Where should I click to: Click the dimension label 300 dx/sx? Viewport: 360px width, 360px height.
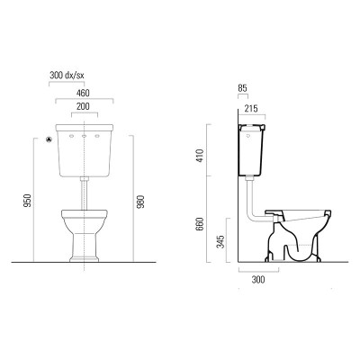tap(67, 76)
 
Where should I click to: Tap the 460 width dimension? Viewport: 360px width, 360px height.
tap(83, 93)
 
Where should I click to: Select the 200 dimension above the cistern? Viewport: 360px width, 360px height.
tap(83, 106)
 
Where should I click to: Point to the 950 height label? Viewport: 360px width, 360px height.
tap(27, 201)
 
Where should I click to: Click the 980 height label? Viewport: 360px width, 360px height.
tap(140, 202)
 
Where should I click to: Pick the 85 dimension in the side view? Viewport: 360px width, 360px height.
tap(242, 88)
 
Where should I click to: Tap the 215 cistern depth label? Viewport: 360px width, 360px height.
tap(251, 108)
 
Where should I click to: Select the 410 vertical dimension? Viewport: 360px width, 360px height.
tap(201, 156)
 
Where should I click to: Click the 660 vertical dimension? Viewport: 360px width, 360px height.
tap(201, 224)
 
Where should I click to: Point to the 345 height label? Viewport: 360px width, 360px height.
tap(220, 242)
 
